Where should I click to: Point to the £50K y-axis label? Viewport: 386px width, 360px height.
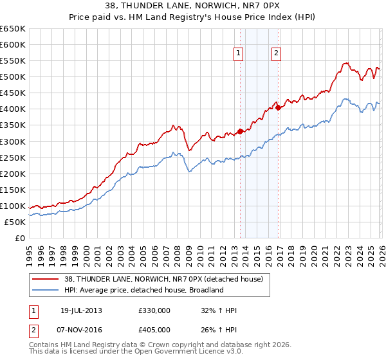(15, 222)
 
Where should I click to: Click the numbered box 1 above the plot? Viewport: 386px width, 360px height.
(239, 54)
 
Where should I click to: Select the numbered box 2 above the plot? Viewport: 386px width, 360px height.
(276, 54)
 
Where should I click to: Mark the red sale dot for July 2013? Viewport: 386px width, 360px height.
(240, 131)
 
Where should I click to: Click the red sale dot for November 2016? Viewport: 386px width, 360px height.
(278, 107)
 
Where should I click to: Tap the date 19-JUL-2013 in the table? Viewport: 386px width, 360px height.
(81, 310)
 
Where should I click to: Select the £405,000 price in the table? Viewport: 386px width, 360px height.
(154, 330)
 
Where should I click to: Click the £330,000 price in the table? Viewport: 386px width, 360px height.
(154, 310)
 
